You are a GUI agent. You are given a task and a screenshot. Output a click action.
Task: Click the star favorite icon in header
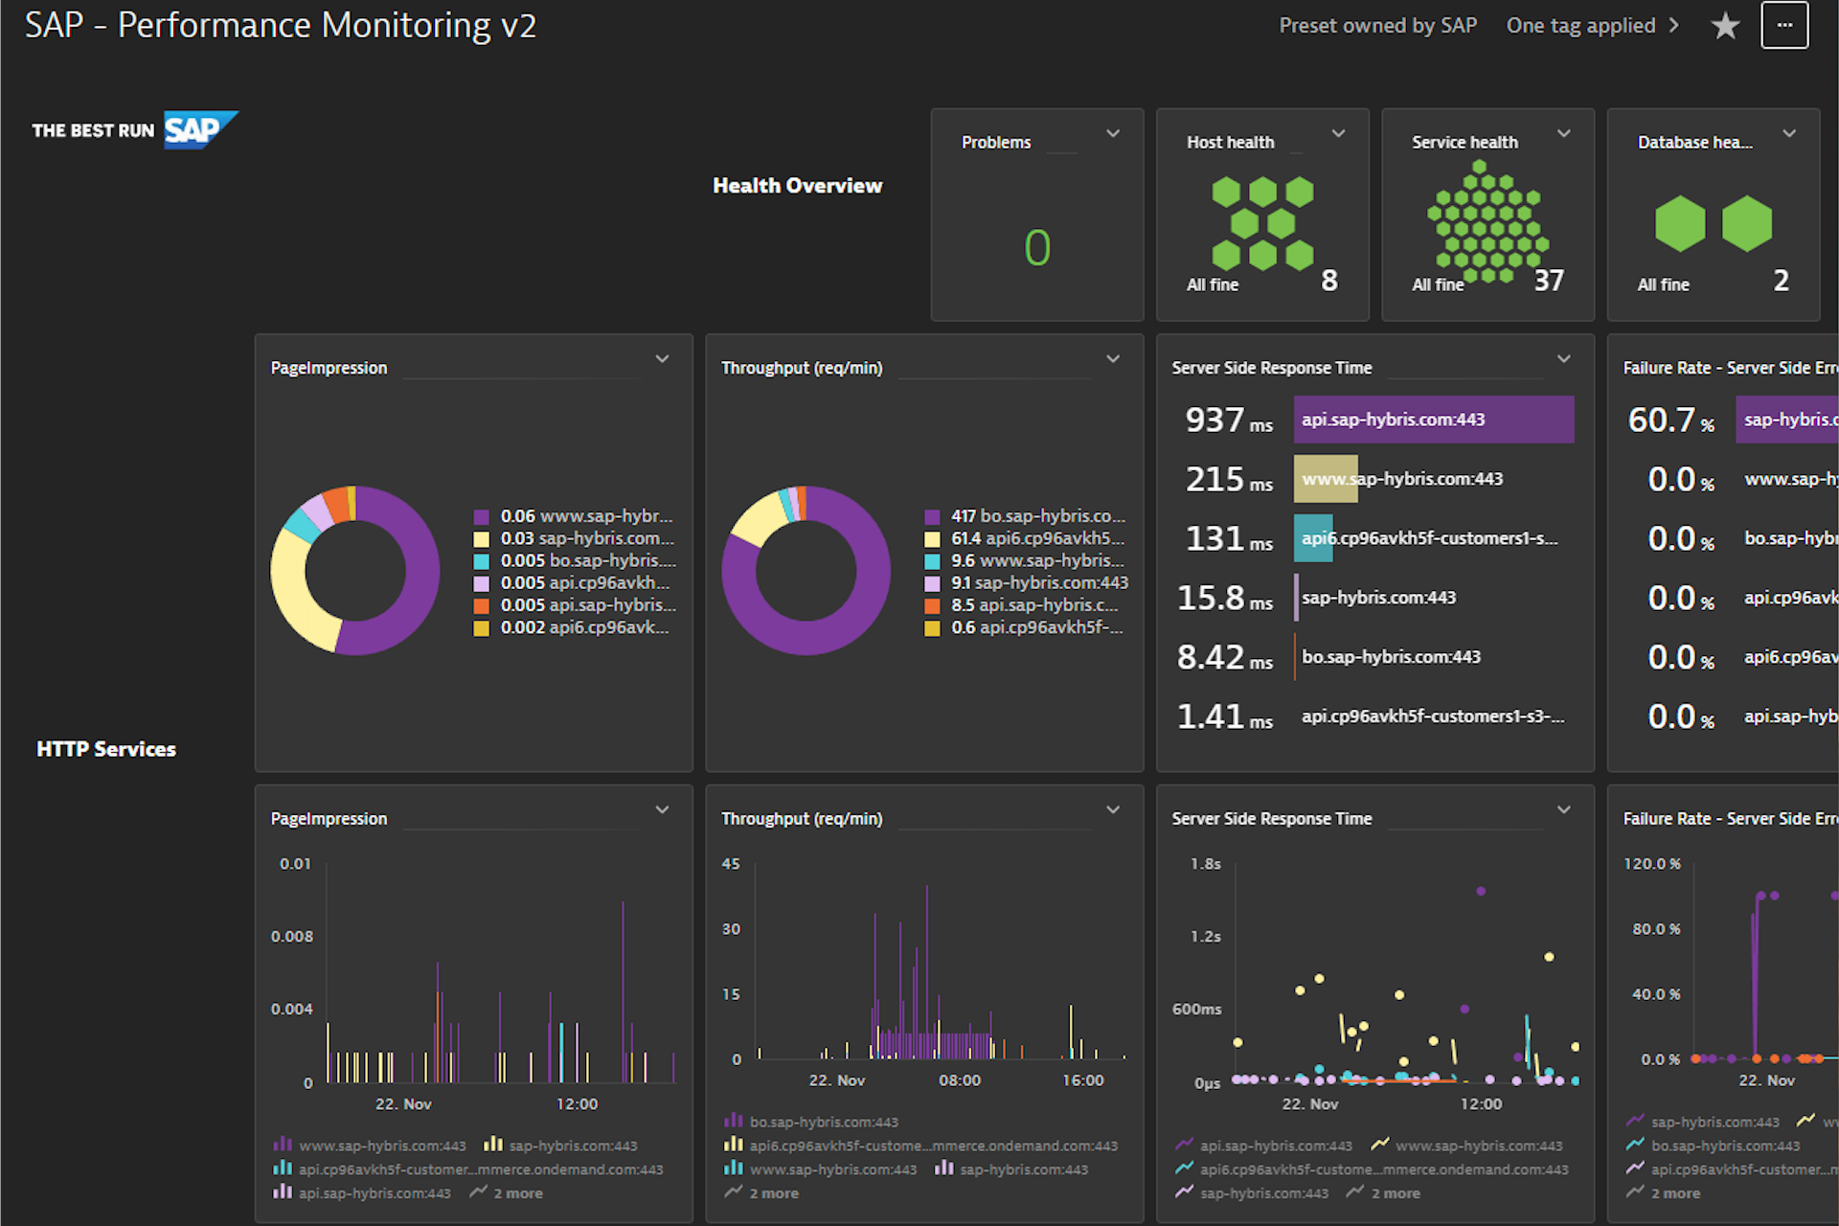point(1725,26)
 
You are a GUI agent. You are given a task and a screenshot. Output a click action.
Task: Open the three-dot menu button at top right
point(1783,26)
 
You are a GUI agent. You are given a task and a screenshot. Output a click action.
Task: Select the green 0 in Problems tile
point(1037,248)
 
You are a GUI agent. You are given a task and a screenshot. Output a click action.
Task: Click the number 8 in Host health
point(1328,281)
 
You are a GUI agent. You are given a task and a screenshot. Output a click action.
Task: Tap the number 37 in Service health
point(1549,281)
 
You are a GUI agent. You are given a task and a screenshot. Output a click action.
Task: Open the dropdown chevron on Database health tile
point(1788,134)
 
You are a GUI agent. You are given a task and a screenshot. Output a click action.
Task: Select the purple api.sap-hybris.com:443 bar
point(1433,420)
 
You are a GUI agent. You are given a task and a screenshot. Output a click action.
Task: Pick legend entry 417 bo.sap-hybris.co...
point(1036,516)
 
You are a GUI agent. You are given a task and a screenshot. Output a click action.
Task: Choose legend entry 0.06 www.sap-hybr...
point(585,516)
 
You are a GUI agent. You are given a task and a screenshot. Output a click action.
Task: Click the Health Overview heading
point(797,186)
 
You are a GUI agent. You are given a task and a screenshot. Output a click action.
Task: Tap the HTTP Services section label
point(106,749)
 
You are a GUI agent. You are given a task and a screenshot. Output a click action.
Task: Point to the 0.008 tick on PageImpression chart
point(291,937)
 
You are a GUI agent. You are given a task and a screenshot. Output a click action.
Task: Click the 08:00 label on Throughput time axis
point(959,1080)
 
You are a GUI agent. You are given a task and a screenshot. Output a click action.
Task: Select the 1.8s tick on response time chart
point(1205,864)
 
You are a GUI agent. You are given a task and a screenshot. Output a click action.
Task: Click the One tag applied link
point(1580,26)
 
